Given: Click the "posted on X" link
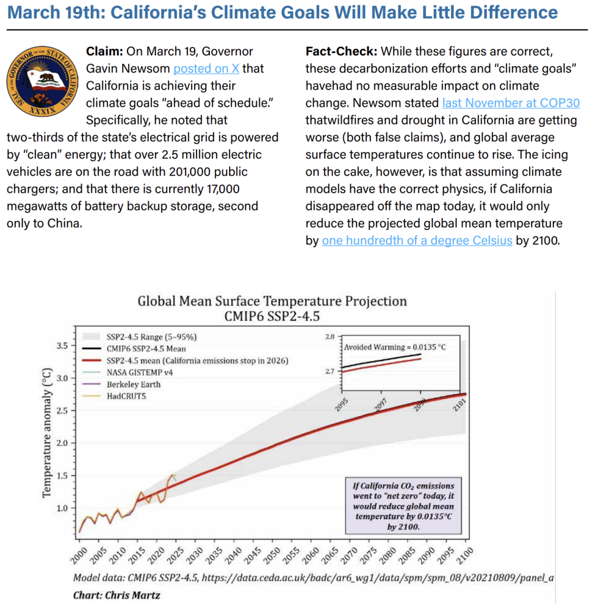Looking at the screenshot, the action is (206, 69).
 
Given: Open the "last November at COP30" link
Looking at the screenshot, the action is (511, 103).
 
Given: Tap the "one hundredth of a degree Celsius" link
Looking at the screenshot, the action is (417, 241).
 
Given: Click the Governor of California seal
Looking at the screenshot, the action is (42, 81).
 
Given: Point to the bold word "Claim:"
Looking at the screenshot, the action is (104, 51).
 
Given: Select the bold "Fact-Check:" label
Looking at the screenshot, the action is (341, 51).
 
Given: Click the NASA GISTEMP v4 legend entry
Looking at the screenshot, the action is (128, 372).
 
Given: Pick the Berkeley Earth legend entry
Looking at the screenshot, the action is (121, 384).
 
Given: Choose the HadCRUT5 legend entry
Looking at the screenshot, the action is (114, 396).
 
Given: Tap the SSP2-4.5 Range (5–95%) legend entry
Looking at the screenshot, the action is (139, 337).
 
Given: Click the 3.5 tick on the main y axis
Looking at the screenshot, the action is (62, 346).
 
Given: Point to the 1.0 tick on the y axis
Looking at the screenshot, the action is (62, 508).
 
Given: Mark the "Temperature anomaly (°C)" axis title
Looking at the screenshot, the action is (46, 432).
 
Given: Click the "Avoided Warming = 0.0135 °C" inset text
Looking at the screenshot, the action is (395, 347).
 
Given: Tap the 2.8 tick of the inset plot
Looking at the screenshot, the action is (330, 337).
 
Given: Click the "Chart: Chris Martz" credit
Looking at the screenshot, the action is (117, 595).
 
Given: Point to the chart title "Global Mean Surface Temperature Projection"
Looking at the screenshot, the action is (272, 301).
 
